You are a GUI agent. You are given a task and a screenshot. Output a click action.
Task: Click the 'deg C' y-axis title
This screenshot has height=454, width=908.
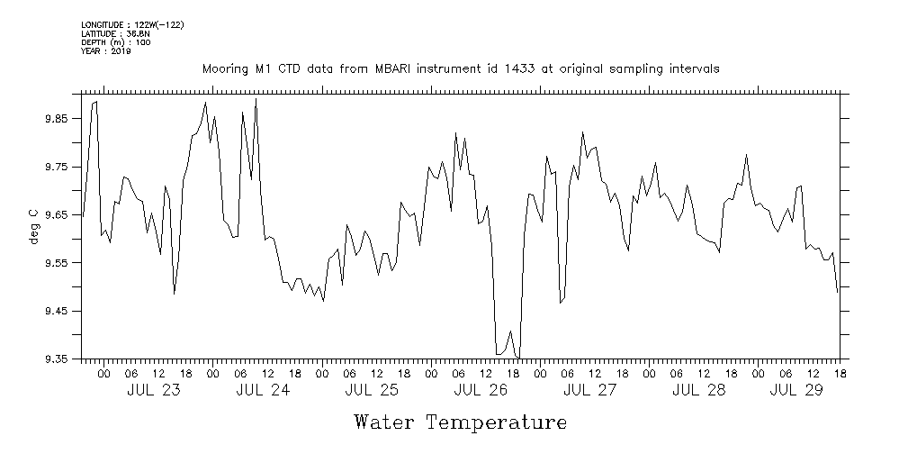coord(33,226)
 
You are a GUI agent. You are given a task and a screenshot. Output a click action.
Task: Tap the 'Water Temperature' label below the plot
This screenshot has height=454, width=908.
coord(461,422)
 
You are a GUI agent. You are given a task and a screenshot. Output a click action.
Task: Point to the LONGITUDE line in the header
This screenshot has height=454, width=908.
coord(132,24)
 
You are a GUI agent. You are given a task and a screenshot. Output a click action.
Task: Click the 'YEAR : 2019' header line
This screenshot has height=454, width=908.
coord(106,50)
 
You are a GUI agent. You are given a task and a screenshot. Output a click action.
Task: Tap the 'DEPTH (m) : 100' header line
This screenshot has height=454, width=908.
coord(116,41)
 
